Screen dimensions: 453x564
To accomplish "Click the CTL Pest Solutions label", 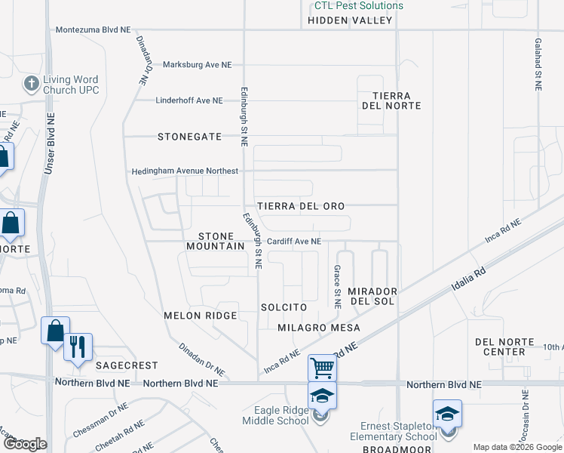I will [359, 6].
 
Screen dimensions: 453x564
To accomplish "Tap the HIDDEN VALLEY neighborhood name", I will [351, 20].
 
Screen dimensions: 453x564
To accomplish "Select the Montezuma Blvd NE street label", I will [93, 29].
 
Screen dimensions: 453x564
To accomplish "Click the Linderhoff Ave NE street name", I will [189, 100].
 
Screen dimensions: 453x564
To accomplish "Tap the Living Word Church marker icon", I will [31, 82].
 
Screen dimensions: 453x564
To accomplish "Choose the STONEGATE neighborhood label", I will [189, 137].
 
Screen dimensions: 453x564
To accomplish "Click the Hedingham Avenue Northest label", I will [185, 171].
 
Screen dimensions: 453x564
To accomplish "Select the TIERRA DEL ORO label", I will [301, 206].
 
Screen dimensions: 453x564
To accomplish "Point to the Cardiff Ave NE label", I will [294, 242].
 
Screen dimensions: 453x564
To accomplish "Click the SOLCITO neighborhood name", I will [284, 307].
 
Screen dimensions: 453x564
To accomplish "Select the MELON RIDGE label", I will [201, 315].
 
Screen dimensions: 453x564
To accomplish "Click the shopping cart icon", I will [322, 368].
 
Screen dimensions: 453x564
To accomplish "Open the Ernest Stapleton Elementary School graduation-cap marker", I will [447, 414].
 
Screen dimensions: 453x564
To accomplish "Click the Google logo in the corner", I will [25, 444].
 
